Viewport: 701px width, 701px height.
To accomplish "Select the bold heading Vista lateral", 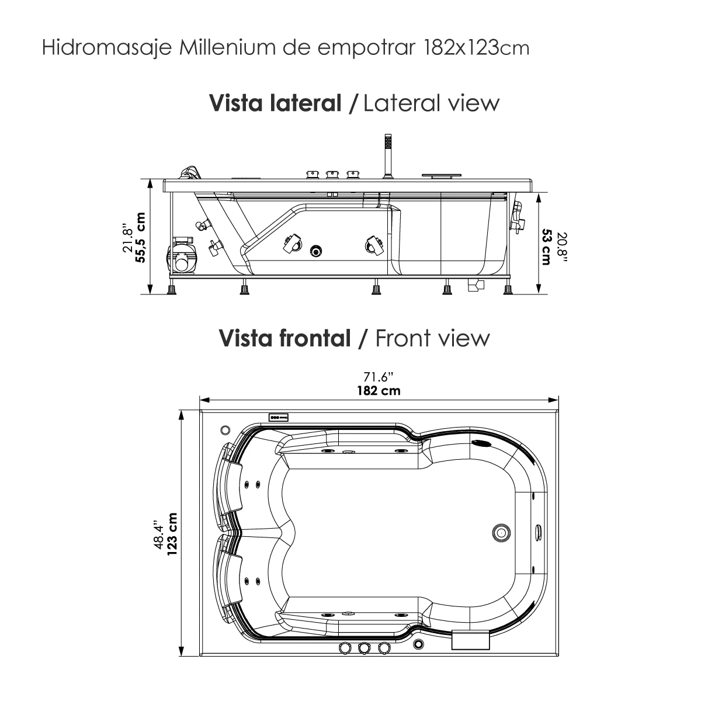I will coord(275,103).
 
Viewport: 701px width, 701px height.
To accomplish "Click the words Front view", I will coord(432,338).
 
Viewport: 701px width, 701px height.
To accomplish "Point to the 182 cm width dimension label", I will coord(379,391).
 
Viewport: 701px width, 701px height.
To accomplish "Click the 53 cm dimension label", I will coord(546,246).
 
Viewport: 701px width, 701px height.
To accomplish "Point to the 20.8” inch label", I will coord(561,246).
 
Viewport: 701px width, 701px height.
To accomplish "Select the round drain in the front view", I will coord(501,532).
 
